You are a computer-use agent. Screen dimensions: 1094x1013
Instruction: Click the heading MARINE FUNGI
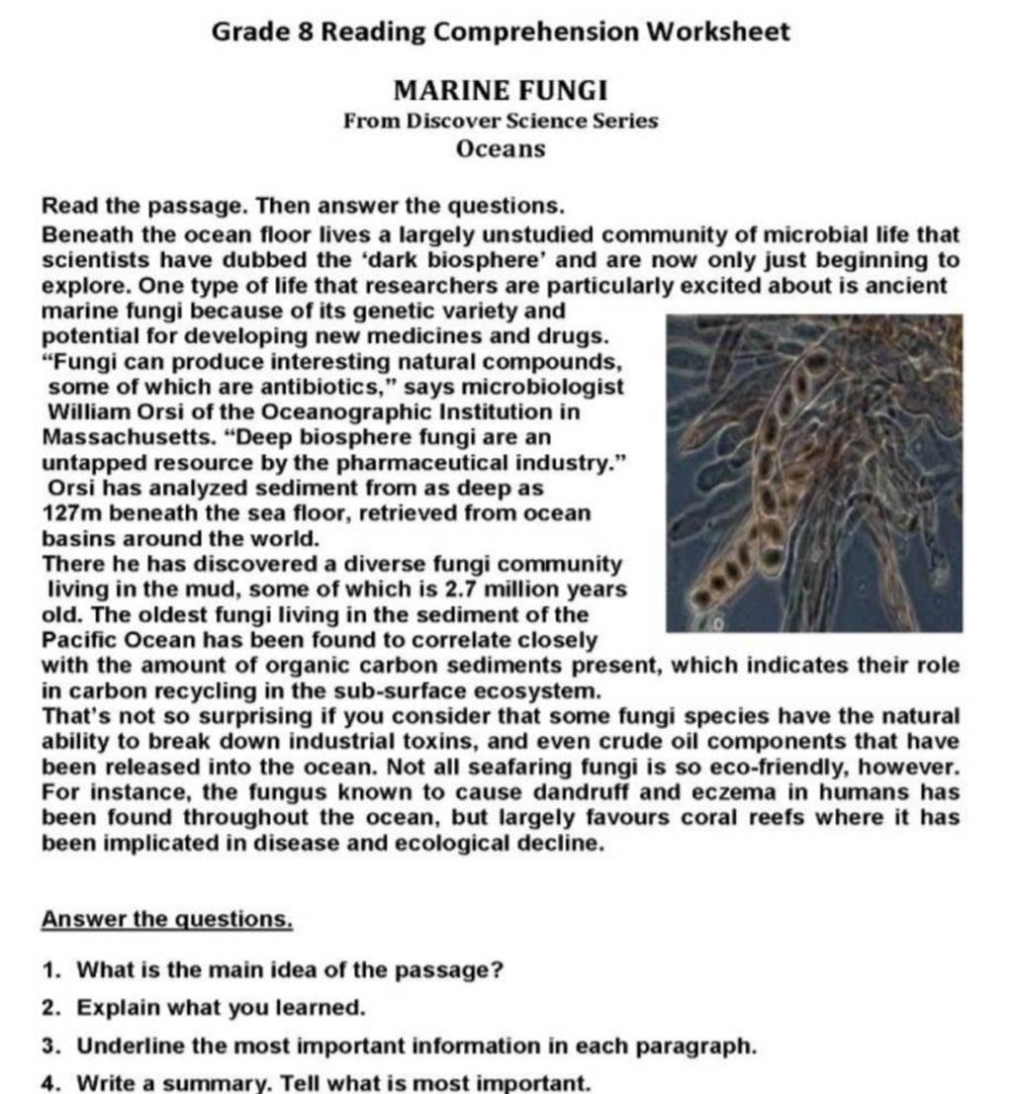click(500, 92)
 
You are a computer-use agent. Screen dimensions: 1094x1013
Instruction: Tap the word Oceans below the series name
click(500, 149)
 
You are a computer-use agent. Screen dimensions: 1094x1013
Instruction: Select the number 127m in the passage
click(67, 514)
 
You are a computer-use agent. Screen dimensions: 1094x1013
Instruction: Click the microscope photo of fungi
click(813, 473)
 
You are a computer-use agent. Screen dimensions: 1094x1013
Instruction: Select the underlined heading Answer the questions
click(167, 919)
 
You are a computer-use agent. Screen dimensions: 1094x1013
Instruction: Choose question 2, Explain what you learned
click(222, 1008)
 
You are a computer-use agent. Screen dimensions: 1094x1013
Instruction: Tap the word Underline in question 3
click(125, 1046)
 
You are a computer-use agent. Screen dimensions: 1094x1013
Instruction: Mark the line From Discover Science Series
click(500, 122)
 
